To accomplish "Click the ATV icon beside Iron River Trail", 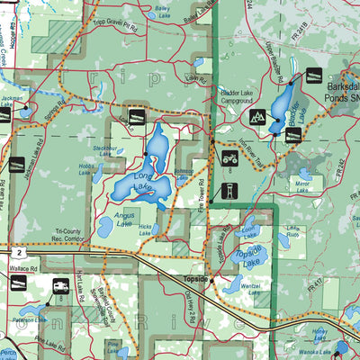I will click(x=229, y=158).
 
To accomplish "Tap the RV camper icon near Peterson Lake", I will click(x=60, y=287).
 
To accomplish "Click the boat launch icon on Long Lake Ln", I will click(x=137, y=116).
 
